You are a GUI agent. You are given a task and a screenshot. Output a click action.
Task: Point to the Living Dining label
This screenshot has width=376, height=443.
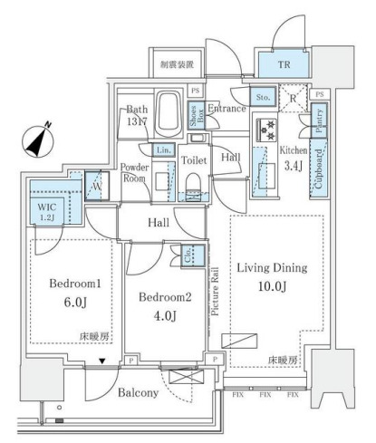(273, 268)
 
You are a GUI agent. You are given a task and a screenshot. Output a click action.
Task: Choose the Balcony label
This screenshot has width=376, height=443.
(138, 392)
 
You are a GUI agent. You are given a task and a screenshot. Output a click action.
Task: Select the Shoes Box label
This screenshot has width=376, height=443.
(194, 115)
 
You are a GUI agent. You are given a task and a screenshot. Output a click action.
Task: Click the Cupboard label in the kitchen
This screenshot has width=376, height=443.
(319, 167)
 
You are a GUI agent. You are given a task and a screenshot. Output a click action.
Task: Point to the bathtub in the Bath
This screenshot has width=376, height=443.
(169, 112)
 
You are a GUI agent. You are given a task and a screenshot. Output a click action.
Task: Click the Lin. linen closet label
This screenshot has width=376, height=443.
(163, 149)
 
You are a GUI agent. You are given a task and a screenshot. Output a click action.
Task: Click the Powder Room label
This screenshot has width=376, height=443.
(136, 172)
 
